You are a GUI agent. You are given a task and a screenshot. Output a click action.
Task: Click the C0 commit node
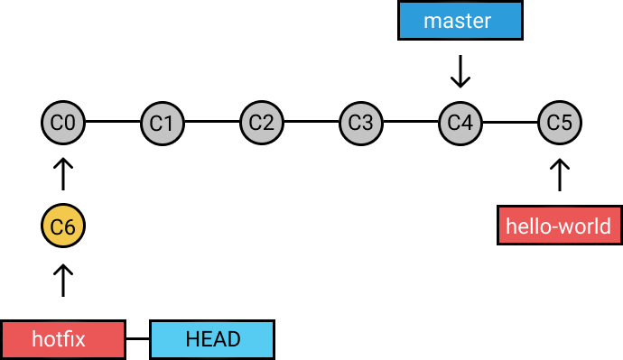tap(63, 121)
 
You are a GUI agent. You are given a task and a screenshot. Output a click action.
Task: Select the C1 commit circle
tap(163, 121)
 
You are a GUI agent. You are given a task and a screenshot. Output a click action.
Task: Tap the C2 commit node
tap(262, 121)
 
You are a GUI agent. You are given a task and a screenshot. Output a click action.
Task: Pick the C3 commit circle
tap(361, 121)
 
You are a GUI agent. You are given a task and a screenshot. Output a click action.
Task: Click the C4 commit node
tap(460, 121)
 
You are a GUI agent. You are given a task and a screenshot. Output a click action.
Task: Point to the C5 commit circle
tap(560, 121)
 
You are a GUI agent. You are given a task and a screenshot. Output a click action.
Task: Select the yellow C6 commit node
tap(63, 227)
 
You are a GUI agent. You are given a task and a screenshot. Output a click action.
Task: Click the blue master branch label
tap(460, 21)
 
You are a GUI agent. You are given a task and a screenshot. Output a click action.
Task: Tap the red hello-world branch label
tap(559, 226)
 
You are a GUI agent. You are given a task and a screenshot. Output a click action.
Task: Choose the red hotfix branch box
tap(62, 339)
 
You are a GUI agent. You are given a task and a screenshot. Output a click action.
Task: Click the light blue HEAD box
tap(212, 339)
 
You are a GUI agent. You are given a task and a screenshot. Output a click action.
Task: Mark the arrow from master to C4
tap(460, 72)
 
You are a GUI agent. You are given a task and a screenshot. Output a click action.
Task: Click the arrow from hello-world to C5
tap(560, 174)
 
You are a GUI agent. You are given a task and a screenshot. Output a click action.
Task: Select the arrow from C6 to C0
tap(63, 174)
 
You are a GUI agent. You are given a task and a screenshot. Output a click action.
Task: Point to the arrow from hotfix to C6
tap(63, 280)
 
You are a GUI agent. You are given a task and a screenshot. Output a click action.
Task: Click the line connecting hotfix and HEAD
tap(136, 339)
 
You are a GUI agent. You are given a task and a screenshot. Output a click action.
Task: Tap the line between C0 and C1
tap(113, 121)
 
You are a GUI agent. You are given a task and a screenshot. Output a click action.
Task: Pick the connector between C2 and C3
tap(311, 121)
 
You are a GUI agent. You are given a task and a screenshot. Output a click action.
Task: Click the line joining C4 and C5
tap(510, 121)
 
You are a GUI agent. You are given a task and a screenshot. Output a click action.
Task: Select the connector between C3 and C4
tap(411, 121)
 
